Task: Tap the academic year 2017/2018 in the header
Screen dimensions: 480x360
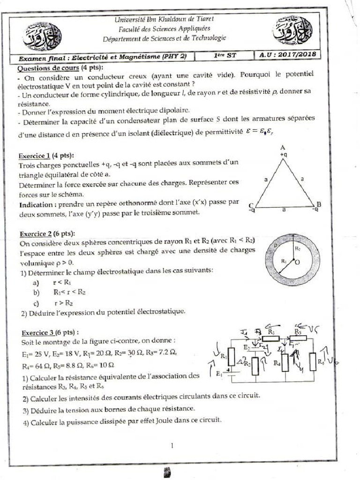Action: tap(288, 55)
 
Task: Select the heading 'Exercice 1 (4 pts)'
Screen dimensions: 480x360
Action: tap(46, 156)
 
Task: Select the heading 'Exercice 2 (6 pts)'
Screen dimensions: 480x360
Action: tap(46, 234)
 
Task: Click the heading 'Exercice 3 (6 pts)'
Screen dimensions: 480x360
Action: tap(46, 333)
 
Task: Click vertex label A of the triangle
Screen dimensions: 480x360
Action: tap(283, 147)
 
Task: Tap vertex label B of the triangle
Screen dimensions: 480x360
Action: tap(319, 204)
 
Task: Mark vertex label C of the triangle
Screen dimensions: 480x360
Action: tap(252, 205)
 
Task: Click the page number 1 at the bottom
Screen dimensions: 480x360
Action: tap(173, 446)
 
